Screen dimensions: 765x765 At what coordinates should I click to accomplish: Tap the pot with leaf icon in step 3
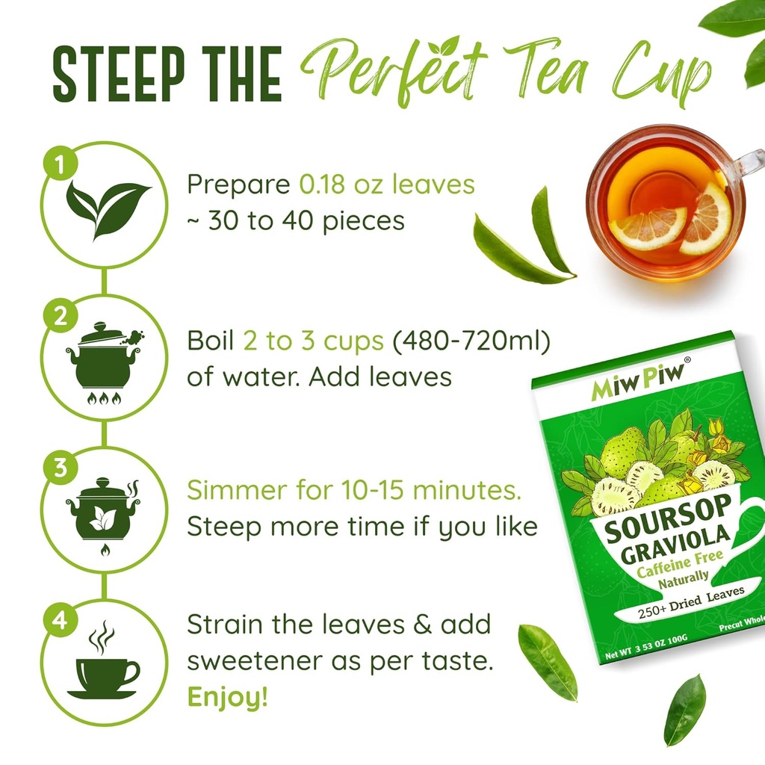pyautogui.click(x=103, y=510)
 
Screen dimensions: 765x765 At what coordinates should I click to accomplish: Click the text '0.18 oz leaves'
pyautogui.click(x=387, y=184)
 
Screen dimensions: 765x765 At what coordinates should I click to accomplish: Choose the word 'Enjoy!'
pyautogui.click(x=226, y=697)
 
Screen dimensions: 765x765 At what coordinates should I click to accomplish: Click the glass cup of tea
pyautogui.click(x=665, y=202)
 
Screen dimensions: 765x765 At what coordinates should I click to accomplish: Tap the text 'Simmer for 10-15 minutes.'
pyautogui.click(x=353, y=492)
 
